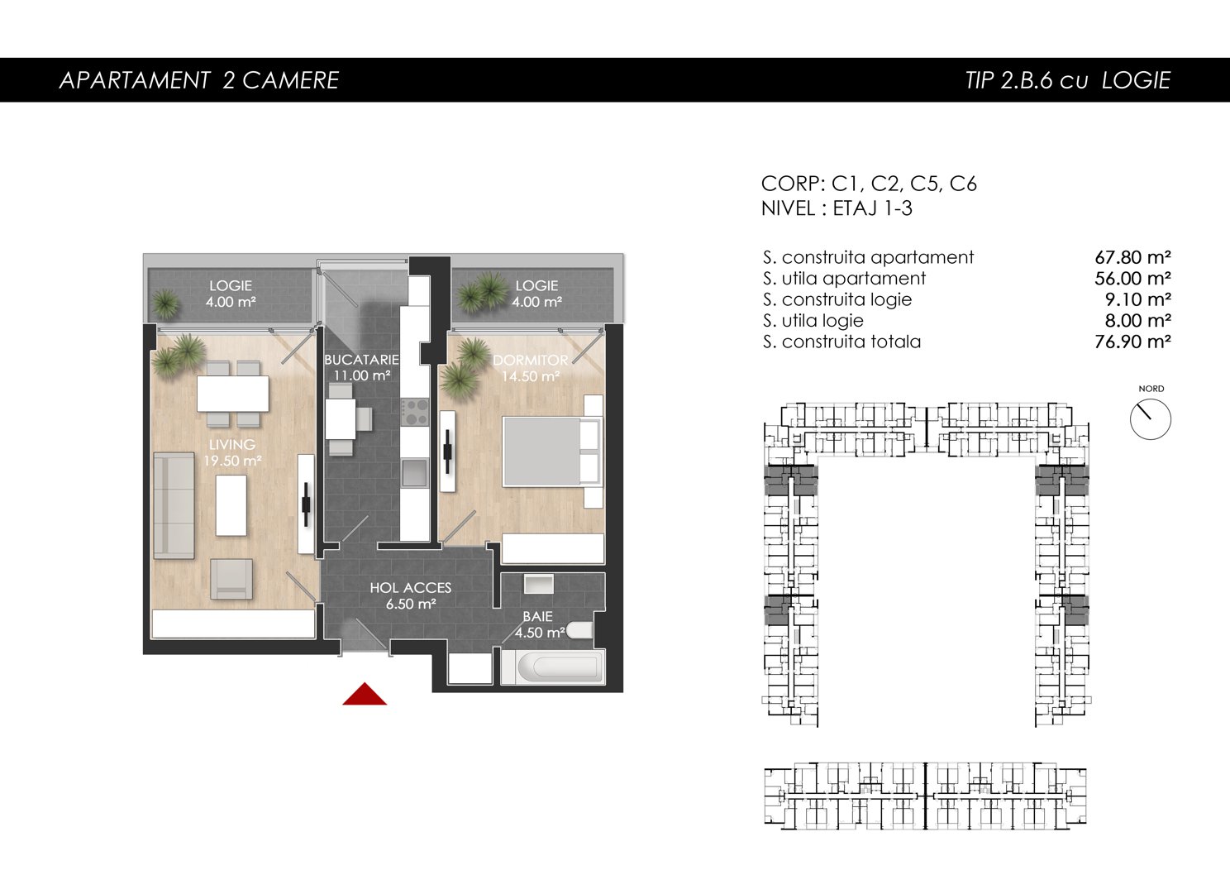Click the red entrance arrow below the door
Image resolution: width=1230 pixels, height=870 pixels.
point(365,694)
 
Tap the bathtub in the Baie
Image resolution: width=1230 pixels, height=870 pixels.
point(553,667)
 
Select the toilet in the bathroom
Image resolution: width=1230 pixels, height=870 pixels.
point(579,630)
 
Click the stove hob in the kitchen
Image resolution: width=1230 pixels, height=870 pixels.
point(415,412)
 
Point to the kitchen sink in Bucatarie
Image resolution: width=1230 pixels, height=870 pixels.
point(414,473)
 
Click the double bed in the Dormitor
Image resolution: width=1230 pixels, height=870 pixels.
point(551,452)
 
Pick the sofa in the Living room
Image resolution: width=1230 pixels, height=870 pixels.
point(174,505)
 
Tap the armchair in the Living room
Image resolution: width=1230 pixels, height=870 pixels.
point(231,579)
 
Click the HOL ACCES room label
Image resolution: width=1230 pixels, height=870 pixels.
point(410,588)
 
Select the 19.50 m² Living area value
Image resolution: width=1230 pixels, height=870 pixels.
point(232,461)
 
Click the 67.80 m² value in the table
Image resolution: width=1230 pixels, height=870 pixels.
point(1132,257)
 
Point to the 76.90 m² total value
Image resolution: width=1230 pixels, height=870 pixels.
point(1132,342)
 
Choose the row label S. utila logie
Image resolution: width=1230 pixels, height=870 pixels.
point(813,321)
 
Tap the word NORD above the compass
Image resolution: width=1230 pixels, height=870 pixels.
point(1151,389)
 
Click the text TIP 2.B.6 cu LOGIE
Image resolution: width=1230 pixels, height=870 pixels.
point(1068,80)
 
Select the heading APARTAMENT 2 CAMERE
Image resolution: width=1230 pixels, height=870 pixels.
point(198,80)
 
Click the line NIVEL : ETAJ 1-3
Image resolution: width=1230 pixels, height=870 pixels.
point(837,208)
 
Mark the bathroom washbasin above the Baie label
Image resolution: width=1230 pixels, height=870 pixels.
point(538,585)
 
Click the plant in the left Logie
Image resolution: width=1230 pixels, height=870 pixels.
point(165,304)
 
